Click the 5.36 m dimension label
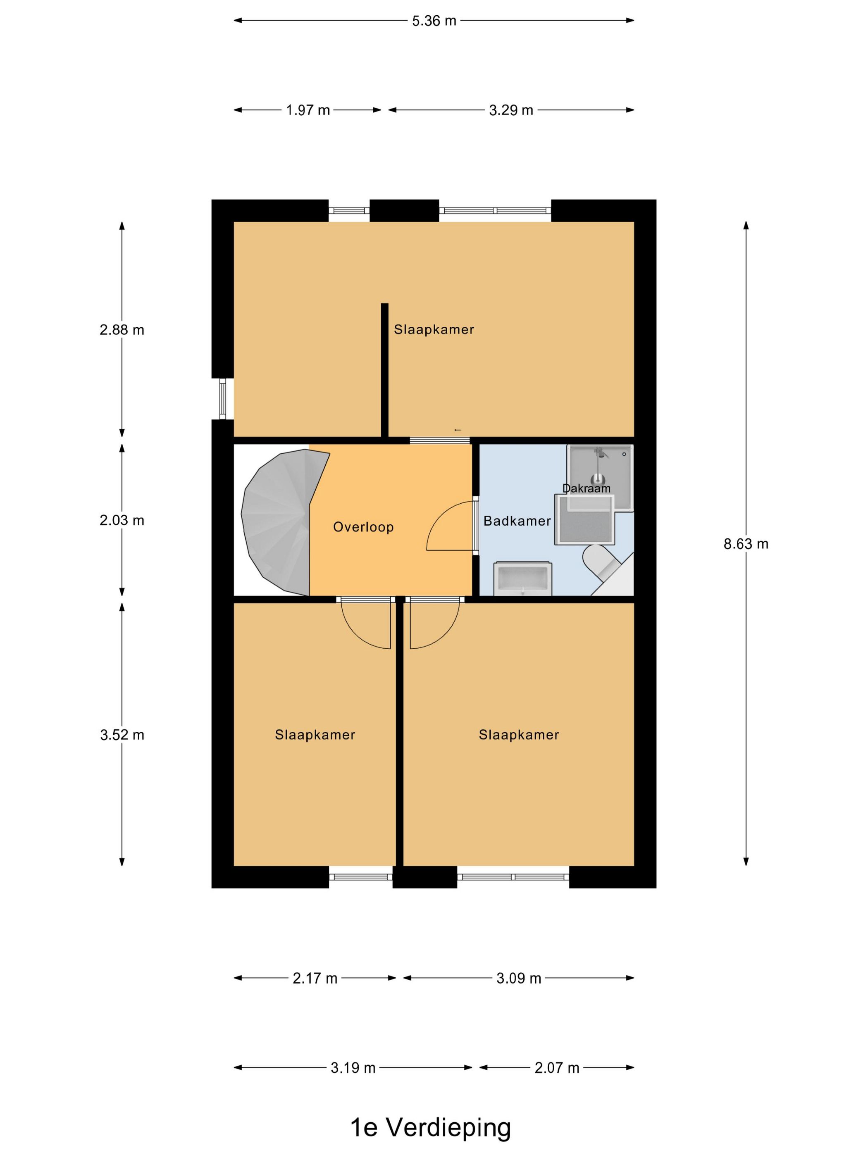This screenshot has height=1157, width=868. point(434,21)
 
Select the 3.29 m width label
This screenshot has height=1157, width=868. point(510,110)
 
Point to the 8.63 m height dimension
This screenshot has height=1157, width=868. point(746,544)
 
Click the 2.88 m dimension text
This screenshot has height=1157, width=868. point(122,330)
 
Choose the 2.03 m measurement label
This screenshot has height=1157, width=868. point(122,520)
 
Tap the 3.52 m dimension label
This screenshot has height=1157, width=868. point(122,735)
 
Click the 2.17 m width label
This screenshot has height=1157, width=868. point(315,978)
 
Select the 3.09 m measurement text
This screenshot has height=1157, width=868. point(518,978)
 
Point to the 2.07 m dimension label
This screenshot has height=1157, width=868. point(557,1068)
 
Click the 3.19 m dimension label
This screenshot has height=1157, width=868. point(353,1068)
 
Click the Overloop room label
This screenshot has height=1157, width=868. point(363,527)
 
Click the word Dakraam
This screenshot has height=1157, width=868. point(586,488)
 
